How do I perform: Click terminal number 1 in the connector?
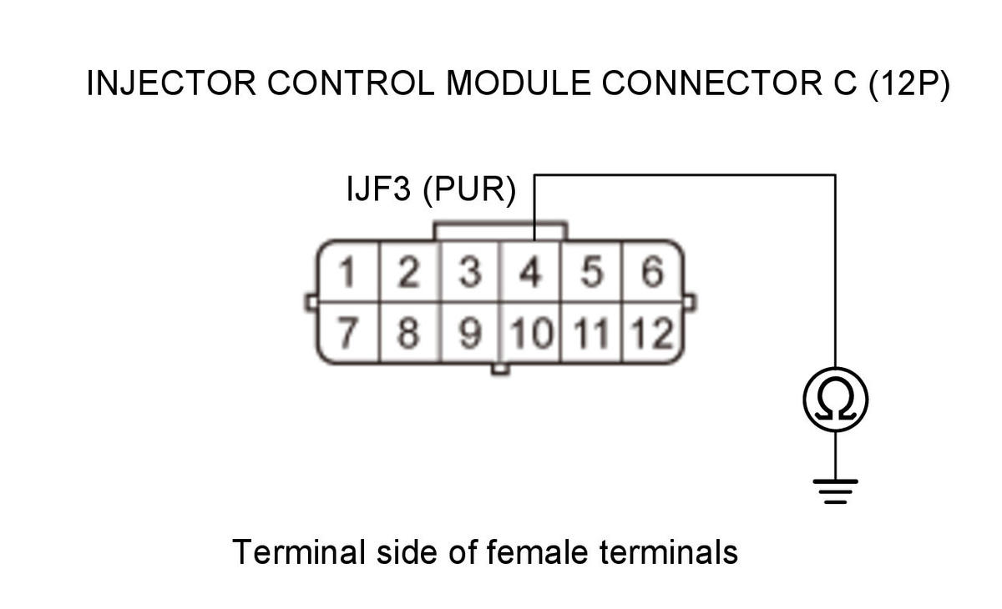(x=347, y=272)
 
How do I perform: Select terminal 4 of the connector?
(x=530, y=272)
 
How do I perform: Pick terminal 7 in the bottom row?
(x=347, y=332)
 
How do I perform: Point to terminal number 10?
(x=531, y=333)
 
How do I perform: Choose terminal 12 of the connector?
(x=651, y=333)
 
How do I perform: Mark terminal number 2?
(x=408, y=272)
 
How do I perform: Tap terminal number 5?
(x=591, y=272)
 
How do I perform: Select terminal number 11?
(x=591, y=333)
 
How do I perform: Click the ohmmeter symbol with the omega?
(x=836, y=400)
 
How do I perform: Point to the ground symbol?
(x=836, y=491)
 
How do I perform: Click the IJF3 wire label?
(x=378, y=188)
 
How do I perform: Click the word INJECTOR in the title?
(x=171, y=83)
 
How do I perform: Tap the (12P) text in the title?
(x=909, y=84)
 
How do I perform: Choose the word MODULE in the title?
(x=518, y=83)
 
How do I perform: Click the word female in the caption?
(x=537, y=551)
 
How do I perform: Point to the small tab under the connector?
(x=500, y=369)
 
